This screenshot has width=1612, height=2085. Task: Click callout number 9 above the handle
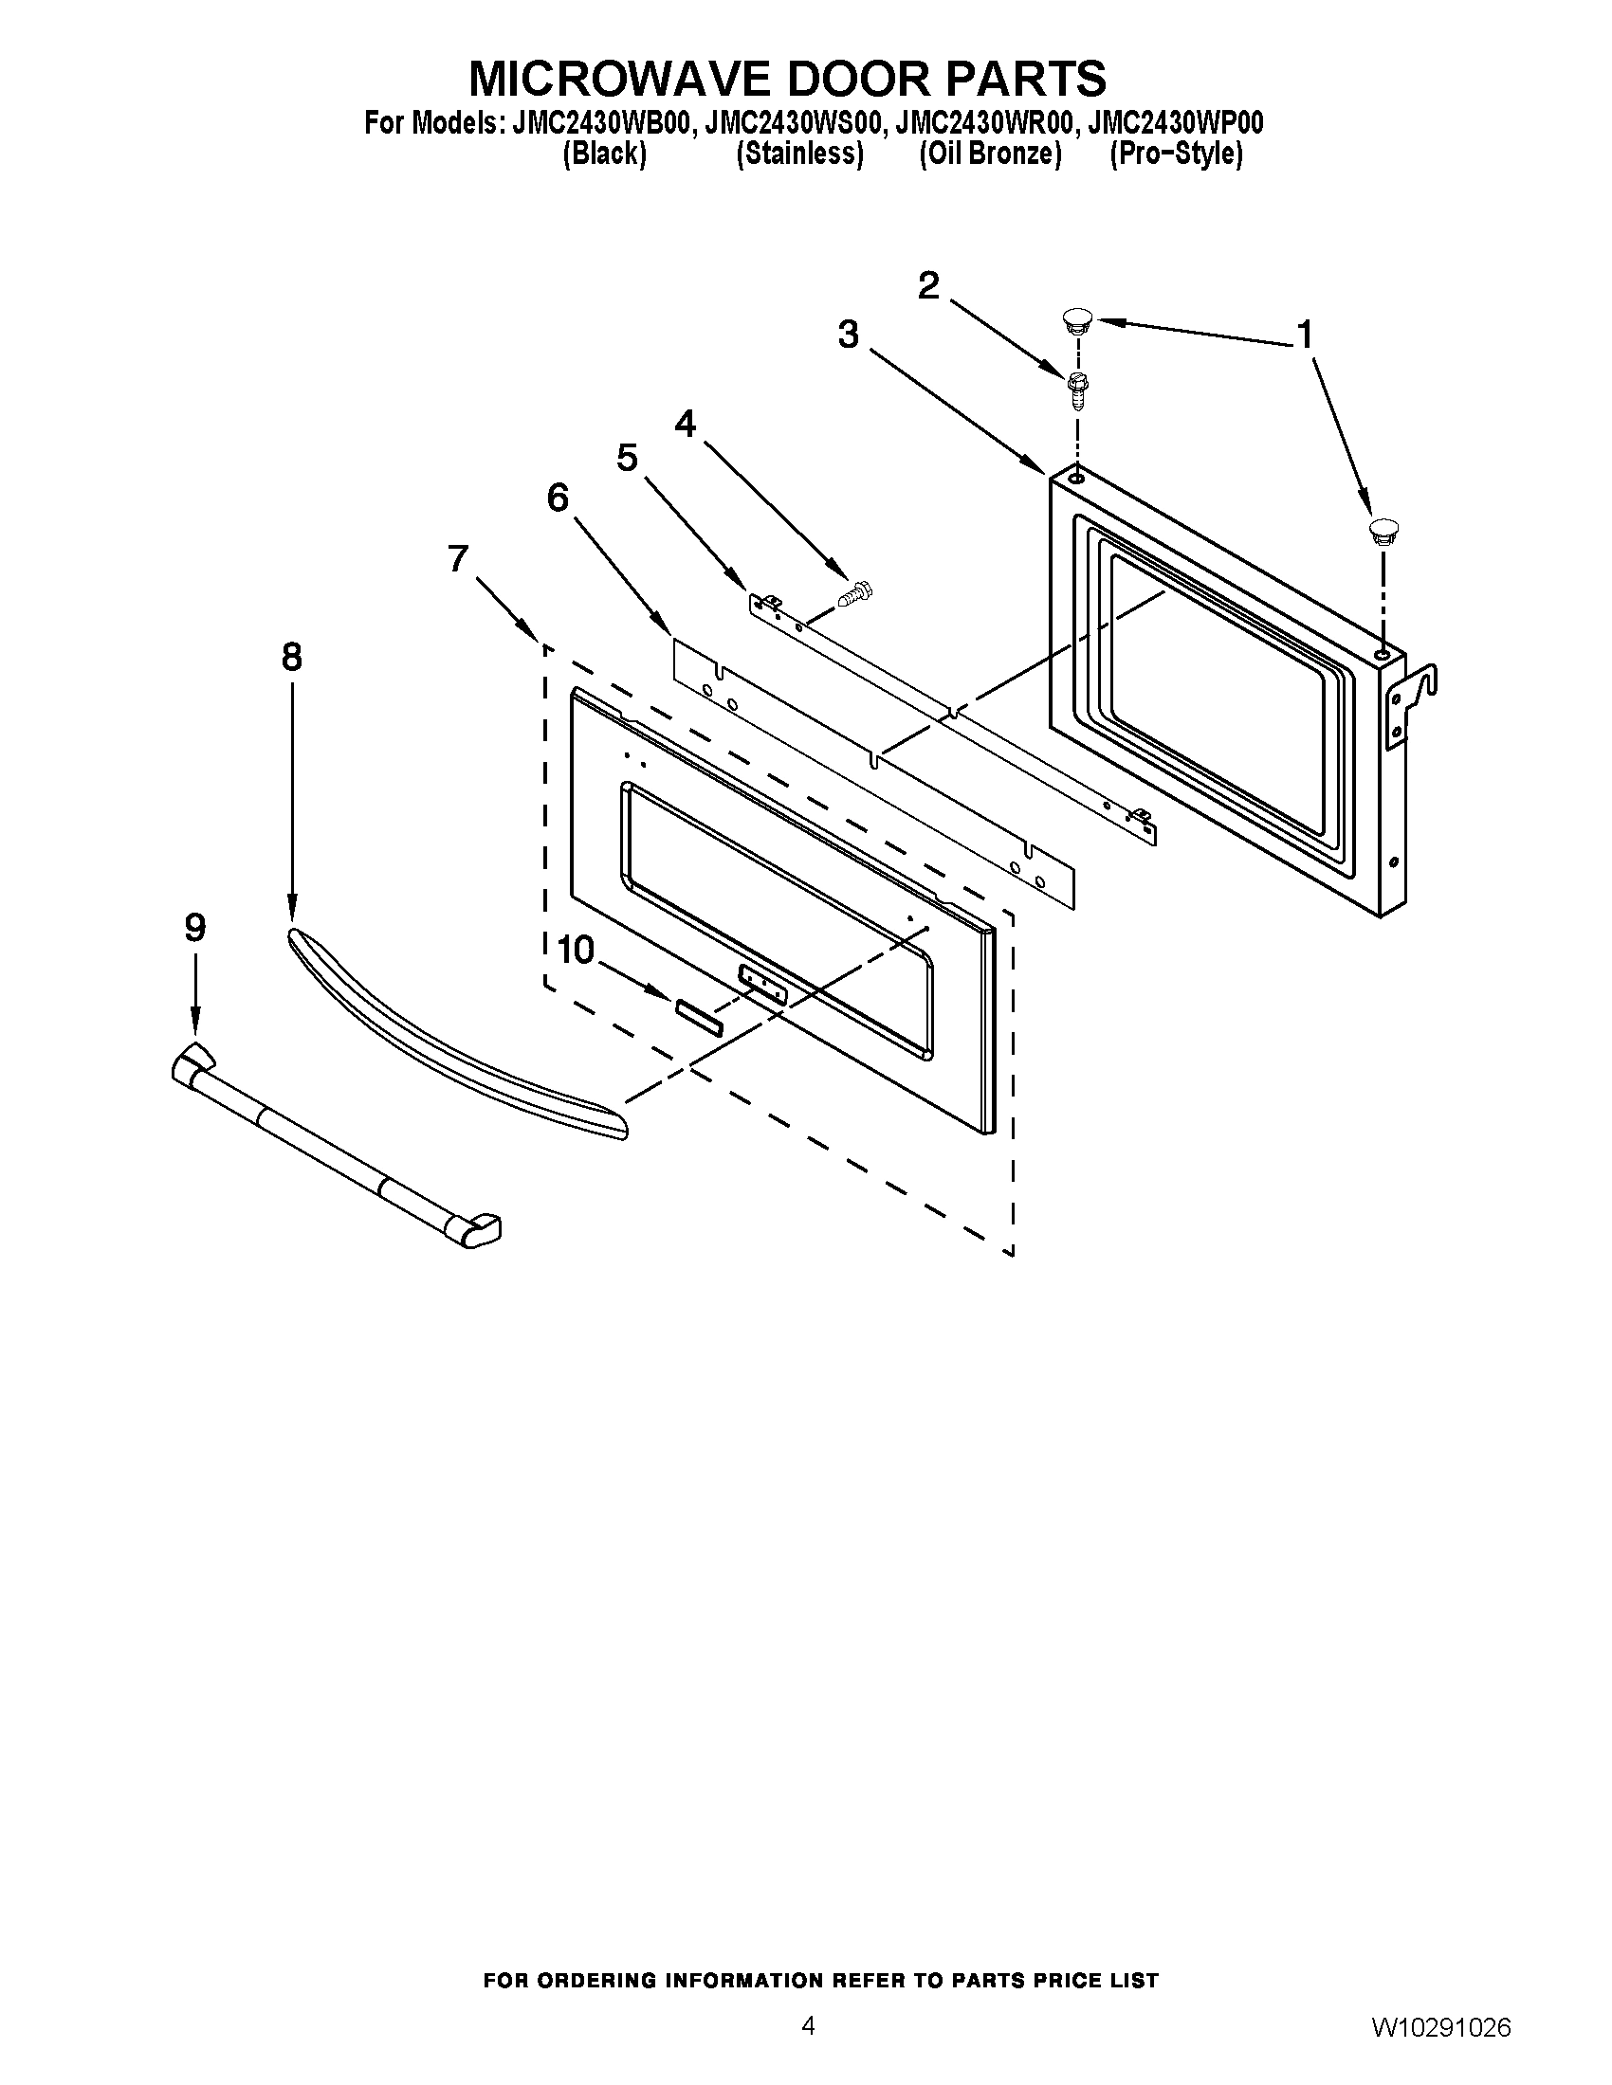pos(194,927)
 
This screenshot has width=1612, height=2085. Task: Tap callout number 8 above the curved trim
pos(291,657)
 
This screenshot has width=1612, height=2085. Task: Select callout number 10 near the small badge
pos(575,950)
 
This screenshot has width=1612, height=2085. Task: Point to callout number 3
pos(848,335)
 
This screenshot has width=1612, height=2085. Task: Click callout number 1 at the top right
pos(1304,335)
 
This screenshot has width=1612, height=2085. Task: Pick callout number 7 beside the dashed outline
pos(458,558)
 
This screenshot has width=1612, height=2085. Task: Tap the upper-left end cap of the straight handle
pos(192,1061)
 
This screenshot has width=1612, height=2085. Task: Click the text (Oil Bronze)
pos(990,154)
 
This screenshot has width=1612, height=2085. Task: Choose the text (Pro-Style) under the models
pos(1176,154)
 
